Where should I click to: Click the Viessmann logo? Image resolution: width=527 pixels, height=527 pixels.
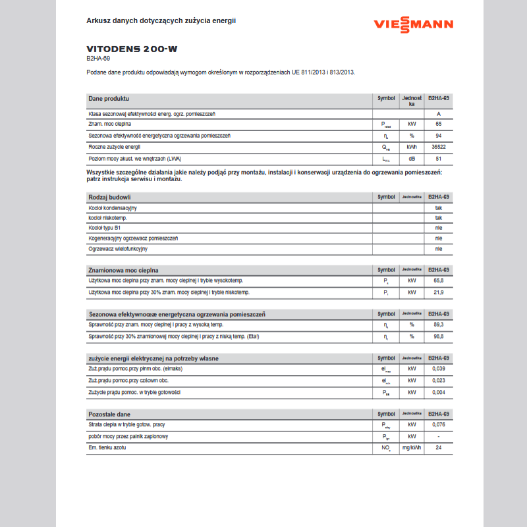[x=413, y=24]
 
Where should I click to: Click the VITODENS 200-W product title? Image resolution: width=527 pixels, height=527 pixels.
[x=132, y=49]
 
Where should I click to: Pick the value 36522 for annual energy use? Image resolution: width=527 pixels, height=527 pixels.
[x=438, y=147]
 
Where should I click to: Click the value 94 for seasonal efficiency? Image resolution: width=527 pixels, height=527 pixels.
[x=438, y=136]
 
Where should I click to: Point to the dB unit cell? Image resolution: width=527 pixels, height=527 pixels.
[x=412, y=159]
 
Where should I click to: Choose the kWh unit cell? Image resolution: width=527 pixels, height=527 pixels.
[x=412, y=147]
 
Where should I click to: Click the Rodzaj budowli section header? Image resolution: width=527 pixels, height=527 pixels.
[x=109, y=197]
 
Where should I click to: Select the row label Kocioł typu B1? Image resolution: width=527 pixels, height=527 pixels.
[x=104, y=228]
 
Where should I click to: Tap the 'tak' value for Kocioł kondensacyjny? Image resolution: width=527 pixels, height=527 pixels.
[x=438, y=208]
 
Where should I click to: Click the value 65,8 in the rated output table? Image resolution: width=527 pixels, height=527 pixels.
[x=438, y=281]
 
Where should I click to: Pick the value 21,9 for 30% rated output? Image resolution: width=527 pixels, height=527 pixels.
[x=438, y=292]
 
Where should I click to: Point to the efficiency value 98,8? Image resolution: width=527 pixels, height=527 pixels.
[x=438, y=337]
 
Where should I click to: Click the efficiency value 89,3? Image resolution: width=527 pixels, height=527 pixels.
[x=438, y=325]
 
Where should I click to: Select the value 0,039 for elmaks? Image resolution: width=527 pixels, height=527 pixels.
[x=438, y=369]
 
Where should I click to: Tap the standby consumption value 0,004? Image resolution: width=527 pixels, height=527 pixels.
[x=438, y=393]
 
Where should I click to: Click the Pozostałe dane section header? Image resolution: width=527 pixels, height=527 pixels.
[x=109, y=414]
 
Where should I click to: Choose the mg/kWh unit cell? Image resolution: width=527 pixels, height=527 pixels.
[x=412, y=448]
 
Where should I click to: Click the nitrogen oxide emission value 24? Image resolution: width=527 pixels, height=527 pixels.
[x=438, y=448]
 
